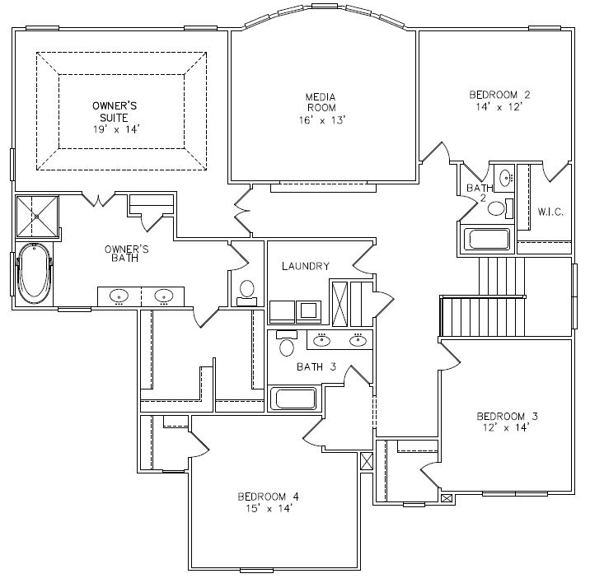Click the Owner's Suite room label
coord(115,112)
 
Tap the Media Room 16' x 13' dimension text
coord(322,120)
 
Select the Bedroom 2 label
coord(499,95)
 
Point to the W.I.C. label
coord(550,212)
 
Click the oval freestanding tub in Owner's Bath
coord(34,273)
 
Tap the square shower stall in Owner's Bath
coord(37,217)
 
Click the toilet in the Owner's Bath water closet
coord(247,292)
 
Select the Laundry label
coord(306,266)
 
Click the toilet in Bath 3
coord(287,343)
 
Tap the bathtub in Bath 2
coord(486,240)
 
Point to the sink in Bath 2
coord(505,176)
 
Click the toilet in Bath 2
coord(500,208)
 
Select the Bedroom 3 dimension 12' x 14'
coord(507,427)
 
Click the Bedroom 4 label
coord(269,497)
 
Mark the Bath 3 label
coord(316,366)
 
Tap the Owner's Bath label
coord(126,254)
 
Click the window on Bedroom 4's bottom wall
coord(256,571)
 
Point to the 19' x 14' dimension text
coord(116,130)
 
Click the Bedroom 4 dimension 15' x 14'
coord(269,509)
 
